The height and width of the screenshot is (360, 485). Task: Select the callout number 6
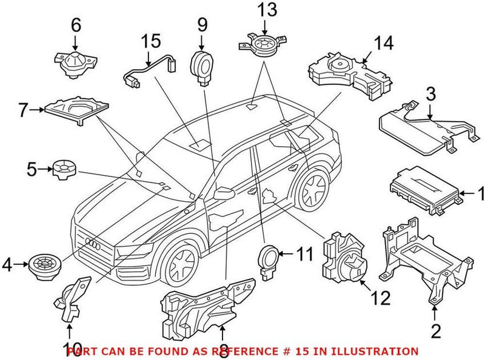tap(75, 25)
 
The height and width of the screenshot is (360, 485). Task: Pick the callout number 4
tap(7, 265)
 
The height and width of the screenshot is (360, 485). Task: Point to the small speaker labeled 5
tap(62, 168)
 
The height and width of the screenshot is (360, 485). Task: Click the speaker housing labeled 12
tap(343, 258)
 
